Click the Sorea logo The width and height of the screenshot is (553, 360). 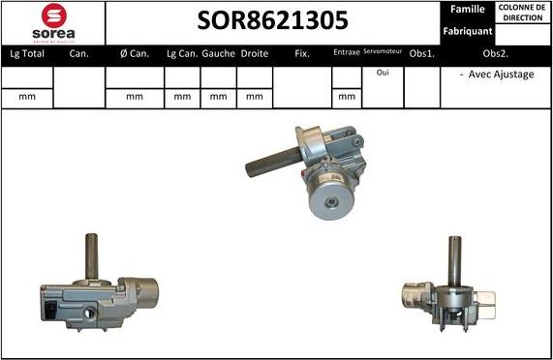click(x=52, y=23)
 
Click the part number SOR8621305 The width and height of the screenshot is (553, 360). click(x=273, y=21)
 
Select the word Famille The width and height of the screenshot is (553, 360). click(x=467, y=10)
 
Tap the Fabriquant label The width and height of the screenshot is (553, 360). click(x=467, y=32)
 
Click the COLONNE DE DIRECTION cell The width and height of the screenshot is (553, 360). click(x=523, y=12)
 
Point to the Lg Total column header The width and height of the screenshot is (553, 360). click(x=26, y=54)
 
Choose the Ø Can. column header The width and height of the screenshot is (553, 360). click(x=134, y=54)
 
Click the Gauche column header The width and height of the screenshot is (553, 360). click(x=219, y=54)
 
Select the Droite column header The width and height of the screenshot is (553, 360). click(x=255, y=54)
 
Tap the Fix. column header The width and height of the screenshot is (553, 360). click(x=302, y=54)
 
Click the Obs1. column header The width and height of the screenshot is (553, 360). click(x=422, y=54)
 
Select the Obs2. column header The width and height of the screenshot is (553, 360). click(x=496, y=54)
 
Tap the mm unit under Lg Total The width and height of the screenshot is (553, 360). click(x=26, y=97)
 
